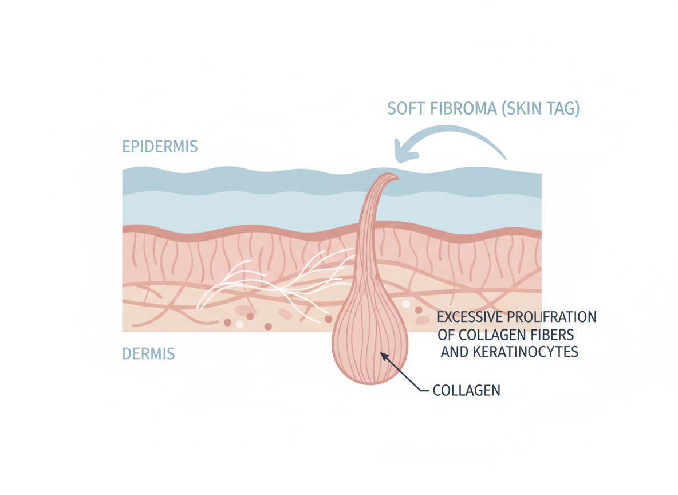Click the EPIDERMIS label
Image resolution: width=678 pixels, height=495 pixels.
[x=160, y=146]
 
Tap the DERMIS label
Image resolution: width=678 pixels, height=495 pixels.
[x=148, y=353]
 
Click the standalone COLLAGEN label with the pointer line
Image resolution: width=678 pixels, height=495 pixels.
[x=467, y=391]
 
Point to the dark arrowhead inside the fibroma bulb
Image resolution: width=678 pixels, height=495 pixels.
[x=384, y=356]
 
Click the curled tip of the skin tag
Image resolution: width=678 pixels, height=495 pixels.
[x=393, y=178]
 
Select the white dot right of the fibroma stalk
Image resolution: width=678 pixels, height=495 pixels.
[x=406, y=304]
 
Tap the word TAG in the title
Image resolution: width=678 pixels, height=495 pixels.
[x=563, y=109]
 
